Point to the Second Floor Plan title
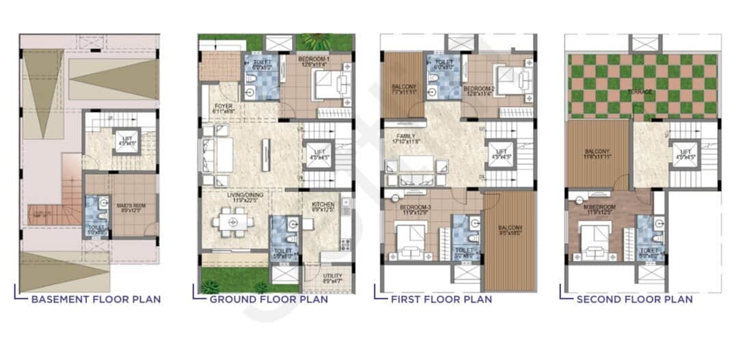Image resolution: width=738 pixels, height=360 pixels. coord(634,299)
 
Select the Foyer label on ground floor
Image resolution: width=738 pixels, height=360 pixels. coord(223,107)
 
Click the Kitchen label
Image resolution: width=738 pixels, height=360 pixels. coord(323,206)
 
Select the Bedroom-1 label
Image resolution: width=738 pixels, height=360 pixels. coord(314,61)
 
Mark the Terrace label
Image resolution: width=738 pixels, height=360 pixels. coord(641,92)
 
